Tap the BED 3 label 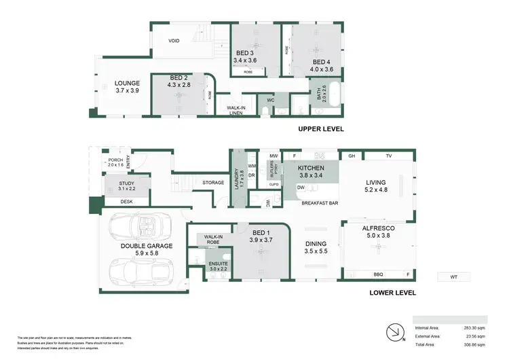(245, 53)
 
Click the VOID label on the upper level (174, 41)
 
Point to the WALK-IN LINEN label (235, 111)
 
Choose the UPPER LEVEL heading (321, 128)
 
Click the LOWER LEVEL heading (392, 293)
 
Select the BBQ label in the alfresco (378, 274)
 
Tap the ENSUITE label (218, 263)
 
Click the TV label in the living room (389, 156)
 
